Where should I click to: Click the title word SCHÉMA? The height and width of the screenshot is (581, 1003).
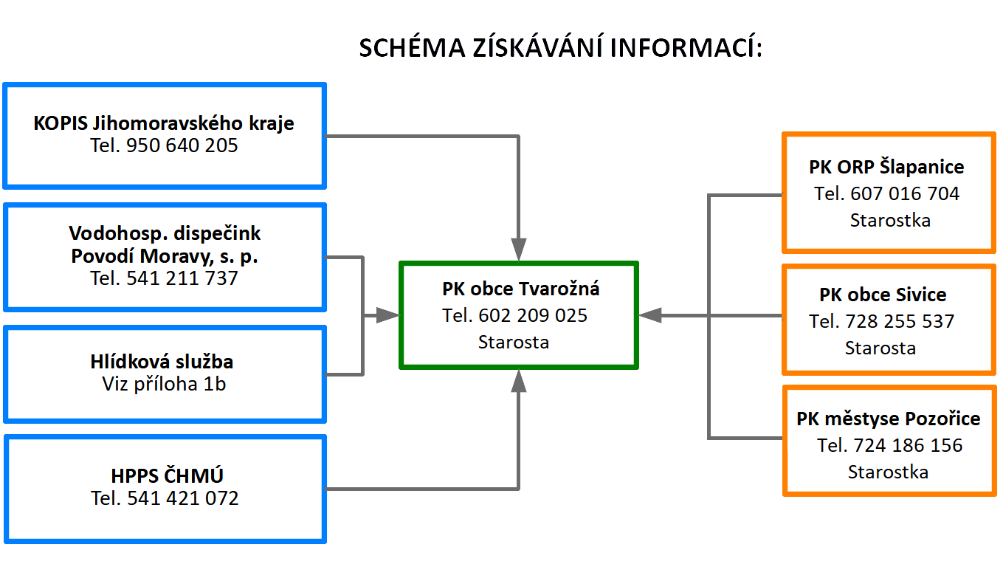[x=413, y=47]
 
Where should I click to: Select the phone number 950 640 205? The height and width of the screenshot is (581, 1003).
[x=182, y=145]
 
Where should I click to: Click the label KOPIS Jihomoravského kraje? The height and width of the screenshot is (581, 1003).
[x=164, y=123]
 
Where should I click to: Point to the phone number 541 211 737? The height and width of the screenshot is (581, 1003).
[x=182, y=278]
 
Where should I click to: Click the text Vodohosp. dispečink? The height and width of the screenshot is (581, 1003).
[x=165, y=233]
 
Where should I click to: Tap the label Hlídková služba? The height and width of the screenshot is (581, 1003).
[x=162, y=362]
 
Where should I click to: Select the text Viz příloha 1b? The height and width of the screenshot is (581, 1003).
[x=164, y=385]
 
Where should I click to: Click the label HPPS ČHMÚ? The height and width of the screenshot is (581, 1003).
[x=167, y=475]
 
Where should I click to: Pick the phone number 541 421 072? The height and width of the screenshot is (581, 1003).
[x=183, y=498]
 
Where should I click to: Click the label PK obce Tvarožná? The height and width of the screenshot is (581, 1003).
[x=521, y=289]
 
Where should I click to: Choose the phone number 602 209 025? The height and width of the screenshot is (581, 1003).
[x=533, y=316]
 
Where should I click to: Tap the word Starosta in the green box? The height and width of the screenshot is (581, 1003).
[x=514, y=343]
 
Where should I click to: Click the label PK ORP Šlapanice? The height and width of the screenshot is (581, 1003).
[x=886, y=167]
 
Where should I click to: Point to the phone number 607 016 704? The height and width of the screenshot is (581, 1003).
[x=905, y=194]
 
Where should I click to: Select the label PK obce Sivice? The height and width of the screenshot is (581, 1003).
[x=883, y=295]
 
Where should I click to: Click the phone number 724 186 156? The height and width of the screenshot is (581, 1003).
[x=908, y=446]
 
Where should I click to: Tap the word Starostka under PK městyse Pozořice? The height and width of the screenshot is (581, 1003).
[x=889, y=472]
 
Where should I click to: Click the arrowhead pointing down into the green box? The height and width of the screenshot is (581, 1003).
[x=519, y=250]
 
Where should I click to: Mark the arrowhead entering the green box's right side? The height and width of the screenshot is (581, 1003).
[x=650, y=315]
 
